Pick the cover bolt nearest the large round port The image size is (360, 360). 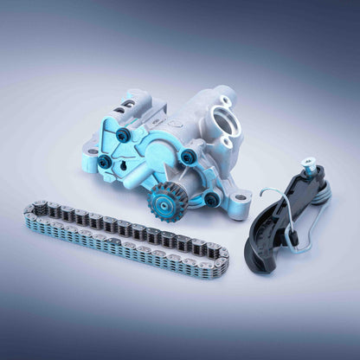[188, 157]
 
